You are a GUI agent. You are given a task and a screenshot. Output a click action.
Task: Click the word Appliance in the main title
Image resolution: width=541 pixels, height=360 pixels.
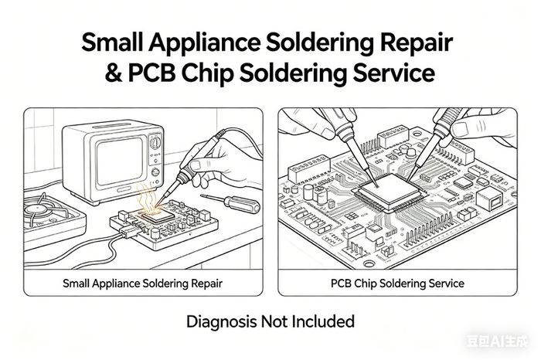[205, 43]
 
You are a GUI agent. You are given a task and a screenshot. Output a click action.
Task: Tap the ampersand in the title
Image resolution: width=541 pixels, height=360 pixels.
[113, 73]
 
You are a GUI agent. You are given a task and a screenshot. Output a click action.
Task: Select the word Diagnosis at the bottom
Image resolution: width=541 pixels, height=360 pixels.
[222, 321]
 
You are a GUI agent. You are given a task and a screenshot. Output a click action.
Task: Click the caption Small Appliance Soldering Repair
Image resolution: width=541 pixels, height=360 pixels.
[142, 284]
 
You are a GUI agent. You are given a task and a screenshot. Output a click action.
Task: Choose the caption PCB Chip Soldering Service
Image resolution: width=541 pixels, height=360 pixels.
[397, 284]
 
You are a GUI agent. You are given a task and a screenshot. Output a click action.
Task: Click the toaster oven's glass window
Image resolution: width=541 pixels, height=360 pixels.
[119, 161]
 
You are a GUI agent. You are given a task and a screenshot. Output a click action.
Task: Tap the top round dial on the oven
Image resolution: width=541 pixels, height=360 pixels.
[155, 142]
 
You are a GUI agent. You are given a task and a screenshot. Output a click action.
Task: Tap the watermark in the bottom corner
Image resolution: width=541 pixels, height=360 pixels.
[497, 341]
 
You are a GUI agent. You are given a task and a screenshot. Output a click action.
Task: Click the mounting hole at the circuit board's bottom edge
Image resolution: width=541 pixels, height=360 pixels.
[369, 263]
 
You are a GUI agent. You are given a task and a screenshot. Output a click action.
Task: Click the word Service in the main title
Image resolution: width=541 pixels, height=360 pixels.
[394, 73]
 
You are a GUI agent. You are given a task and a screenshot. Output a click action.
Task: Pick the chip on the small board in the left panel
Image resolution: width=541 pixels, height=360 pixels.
[158, 216]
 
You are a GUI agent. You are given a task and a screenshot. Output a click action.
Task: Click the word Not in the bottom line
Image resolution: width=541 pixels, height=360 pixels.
[274, 321]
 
